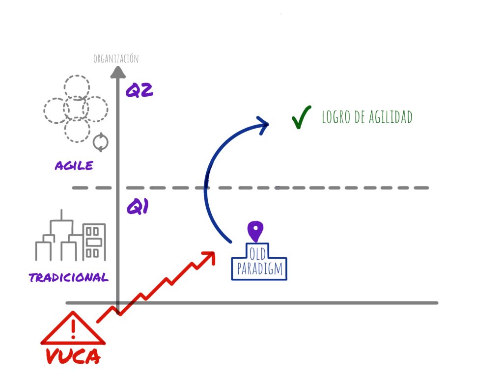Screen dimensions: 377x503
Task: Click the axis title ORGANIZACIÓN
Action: tap(116, 59)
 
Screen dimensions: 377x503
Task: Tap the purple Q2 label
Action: tap(140, 90)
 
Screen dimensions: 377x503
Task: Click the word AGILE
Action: tap(74, 166)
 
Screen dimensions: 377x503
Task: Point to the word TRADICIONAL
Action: tap(69, 278)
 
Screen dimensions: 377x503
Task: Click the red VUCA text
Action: tap(73, 356)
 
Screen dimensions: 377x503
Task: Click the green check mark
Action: tap(301, 117)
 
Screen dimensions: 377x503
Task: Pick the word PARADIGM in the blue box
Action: tap(259, 269)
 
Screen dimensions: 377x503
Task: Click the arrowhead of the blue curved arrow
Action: tap(264, 123)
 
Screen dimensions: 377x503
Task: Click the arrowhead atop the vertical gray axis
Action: tap(117, 72)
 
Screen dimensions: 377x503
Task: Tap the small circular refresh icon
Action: tap(101, 142)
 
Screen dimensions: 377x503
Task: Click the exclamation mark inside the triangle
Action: tap(73, 328)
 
